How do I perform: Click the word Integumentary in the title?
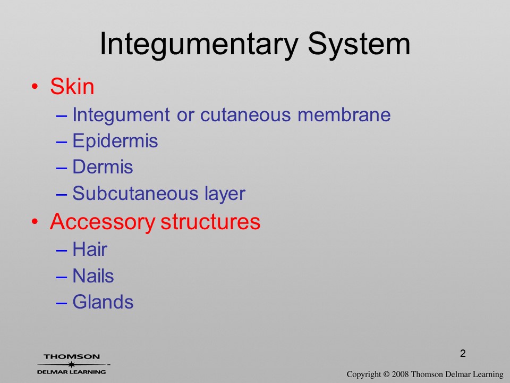point(198,45)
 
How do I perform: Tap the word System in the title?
point(359,45)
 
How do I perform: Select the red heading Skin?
point(72,86)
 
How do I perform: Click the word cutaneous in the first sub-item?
point(245,115)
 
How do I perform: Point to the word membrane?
point(344,114)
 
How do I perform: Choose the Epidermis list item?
point(115,141)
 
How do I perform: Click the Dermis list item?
point(103,166)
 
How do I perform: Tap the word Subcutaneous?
point(135,193)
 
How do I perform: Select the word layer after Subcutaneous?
point(225,194)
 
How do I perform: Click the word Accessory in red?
point(103,222)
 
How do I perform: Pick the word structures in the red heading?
point(210,222)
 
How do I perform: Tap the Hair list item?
point(90,249)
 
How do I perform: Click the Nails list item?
point(93,276)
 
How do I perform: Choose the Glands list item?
point(103,302)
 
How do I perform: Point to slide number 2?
point(463,353)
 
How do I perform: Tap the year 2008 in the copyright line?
point(399,374)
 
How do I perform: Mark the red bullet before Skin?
point(35,87)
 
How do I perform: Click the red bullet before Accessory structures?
point(35,222)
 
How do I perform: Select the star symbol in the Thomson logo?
point(71,364)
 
